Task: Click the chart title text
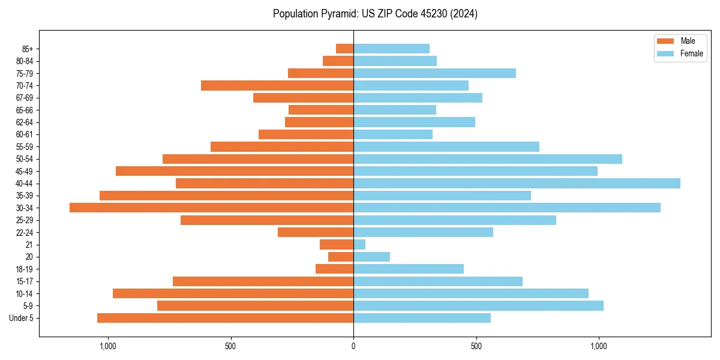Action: pos(375,14)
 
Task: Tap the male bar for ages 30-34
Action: pos(211,208)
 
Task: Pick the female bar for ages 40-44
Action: pos(517,183)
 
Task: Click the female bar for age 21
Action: pos(359,244)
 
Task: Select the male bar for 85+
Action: pos(344,49)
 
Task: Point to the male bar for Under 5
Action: pos(225,318)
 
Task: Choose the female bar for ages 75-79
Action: pos(434,73)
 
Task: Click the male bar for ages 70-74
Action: pos(277,85)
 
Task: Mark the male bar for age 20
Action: pos(341,257)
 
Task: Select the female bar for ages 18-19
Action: pos(409,269)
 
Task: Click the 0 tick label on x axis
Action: pos(353,346)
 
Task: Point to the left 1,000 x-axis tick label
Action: pos(107,346)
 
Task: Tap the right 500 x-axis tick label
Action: pos(476,346)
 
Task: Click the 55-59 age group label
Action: pos(25,146)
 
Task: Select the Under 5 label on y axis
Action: pos(22,318)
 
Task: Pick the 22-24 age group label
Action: pos(25,232)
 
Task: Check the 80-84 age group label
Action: pos(25,61)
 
